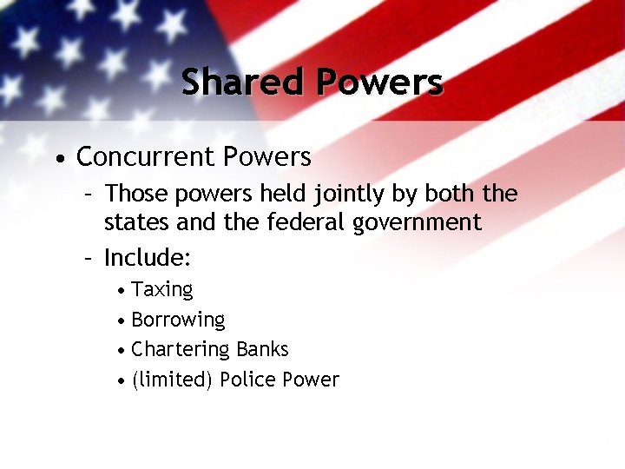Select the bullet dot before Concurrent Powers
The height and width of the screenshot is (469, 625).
pos(57,159)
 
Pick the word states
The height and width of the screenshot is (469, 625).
pos(135,222)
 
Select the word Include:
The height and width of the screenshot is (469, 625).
pos(148,258)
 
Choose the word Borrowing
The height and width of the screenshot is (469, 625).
pos(178,320)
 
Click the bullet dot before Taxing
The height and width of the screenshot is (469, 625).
pos(123,290)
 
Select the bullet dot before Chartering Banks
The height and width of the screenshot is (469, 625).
pos(123,350)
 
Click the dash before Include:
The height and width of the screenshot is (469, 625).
pos(87,258)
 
